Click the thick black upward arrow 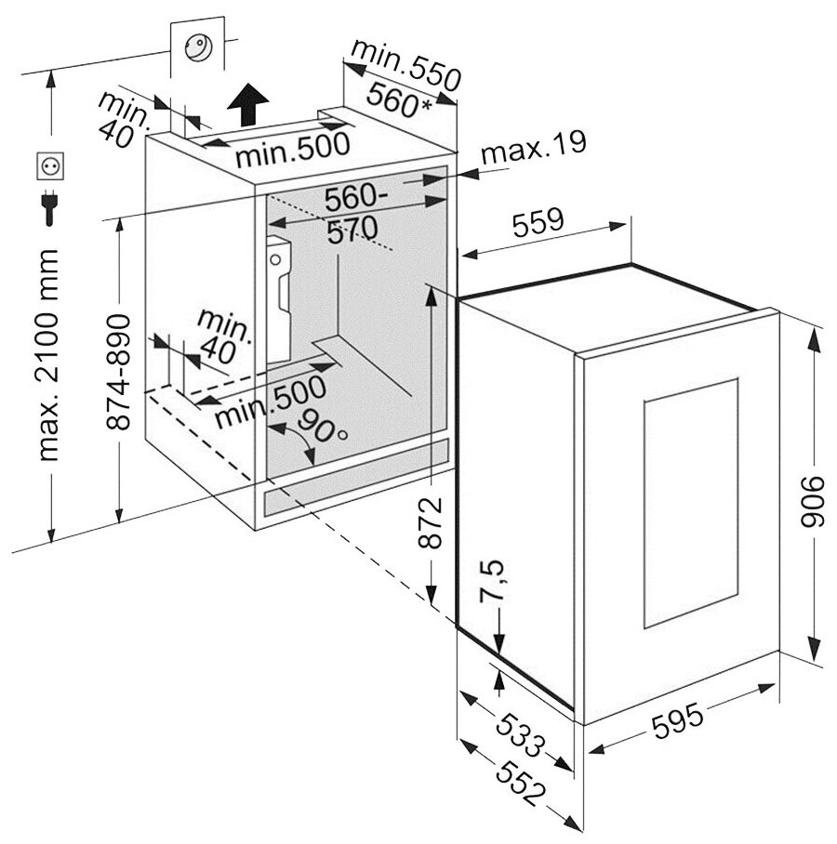click(x=248, y=102)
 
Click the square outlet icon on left click(x=49, y=166)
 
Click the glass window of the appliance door click(x=691, y=502)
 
